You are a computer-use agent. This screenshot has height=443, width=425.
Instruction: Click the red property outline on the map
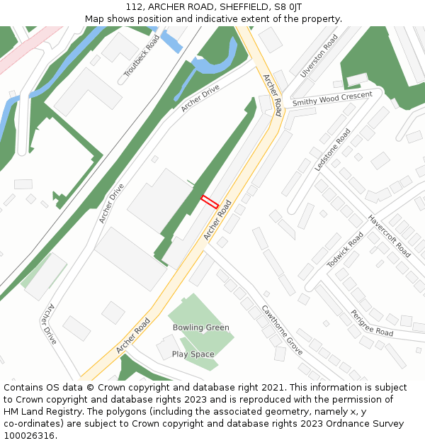click(209, 201)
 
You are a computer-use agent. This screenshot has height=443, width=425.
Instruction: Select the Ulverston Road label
click(319, 55)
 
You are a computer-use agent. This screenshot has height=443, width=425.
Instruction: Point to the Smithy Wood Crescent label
click(332, 99)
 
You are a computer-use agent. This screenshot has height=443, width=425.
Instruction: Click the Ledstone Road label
click(332, 150)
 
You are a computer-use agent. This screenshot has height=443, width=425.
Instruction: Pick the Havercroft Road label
click(389, 236)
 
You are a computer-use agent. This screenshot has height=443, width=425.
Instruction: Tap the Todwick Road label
click(345, 250)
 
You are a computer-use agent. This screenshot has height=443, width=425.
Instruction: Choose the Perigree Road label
click(372, 323)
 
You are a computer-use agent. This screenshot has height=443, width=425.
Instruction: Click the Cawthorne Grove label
click(283, 330)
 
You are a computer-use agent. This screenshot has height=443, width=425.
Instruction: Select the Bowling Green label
click(201, 327)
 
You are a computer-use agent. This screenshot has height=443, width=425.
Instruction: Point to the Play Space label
click(193, 354)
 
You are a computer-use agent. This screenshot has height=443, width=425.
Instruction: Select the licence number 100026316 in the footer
click(30, 436)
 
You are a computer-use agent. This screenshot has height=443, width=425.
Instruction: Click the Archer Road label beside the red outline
click(218, 220)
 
